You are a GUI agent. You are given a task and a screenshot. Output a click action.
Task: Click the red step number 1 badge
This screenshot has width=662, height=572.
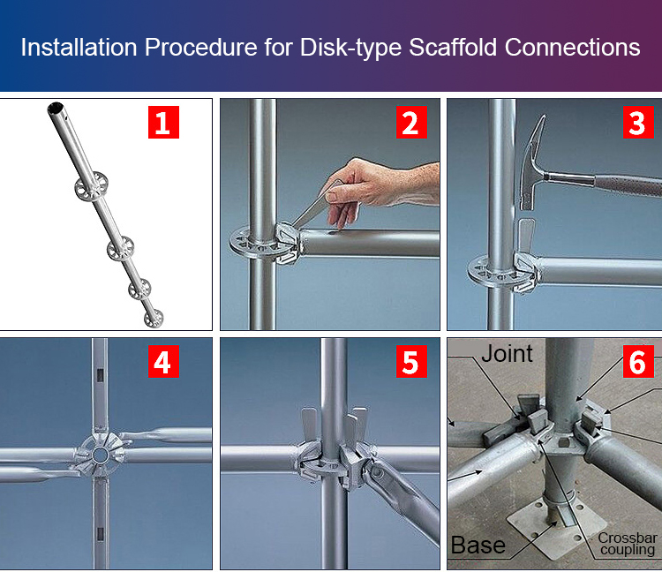162,122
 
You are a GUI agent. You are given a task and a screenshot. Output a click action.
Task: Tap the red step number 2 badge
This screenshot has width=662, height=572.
410,122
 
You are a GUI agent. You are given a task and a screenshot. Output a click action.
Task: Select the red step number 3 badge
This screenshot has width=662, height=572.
636,122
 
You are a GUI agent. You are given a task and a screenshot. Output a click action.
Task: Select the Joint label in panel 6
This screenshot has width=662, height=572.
507,354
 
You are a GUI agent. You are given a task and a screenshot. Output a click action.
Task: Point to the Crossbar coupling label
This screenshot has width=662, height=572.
627,545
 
